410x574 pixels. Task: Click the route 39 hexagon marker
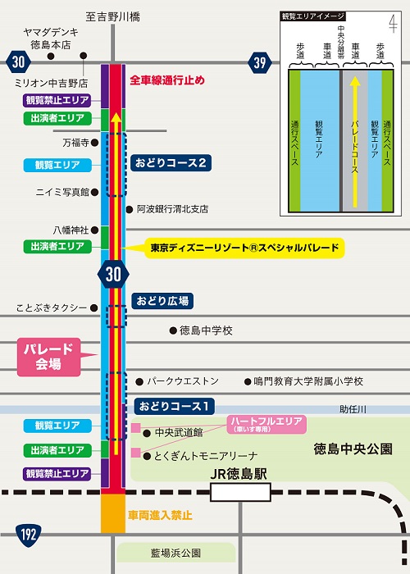tap(260, 62)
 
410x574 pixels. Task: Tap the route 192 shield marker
tap(28, 535)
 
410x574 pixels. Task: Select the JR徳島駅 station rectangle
tap(240, 492)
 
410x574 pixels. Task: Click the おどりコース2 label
tap(171, 162)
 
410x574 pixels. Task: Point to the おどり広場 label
tap(162, 301)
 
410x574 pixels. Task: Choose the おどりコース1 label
tap(174, 406)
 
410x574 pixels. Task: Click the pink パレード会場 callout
tap(48, 357)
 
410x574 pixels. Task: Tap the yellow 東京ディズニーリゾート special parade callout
tap(244, 248)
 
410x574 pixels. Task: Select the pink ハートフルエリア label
tap(266, 424)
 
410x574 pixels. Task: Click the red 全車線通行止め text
tap(167, 80)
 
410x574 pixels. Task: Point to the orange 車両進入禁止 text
tap(160, 516)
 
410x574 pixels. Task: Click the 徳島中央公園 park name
tap(353, 449)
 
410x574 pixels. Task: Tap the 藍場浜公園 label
tap(175, 553)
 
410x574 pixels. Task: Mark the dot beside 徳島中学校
tap(173, 331)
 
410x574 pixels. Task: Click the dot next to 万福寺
tap(94, 142)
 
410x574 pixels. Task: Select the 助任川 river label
tap(353, 410)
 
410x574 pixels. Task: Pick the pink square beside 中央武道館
tap(136, 427)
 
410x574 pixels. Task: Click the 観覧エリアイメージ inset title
tap(313, 16)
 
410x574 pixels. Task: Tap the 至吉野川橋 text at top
tap(113, 17)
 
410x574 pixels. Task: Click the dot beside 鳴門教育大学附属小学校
tap(248, 382)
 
